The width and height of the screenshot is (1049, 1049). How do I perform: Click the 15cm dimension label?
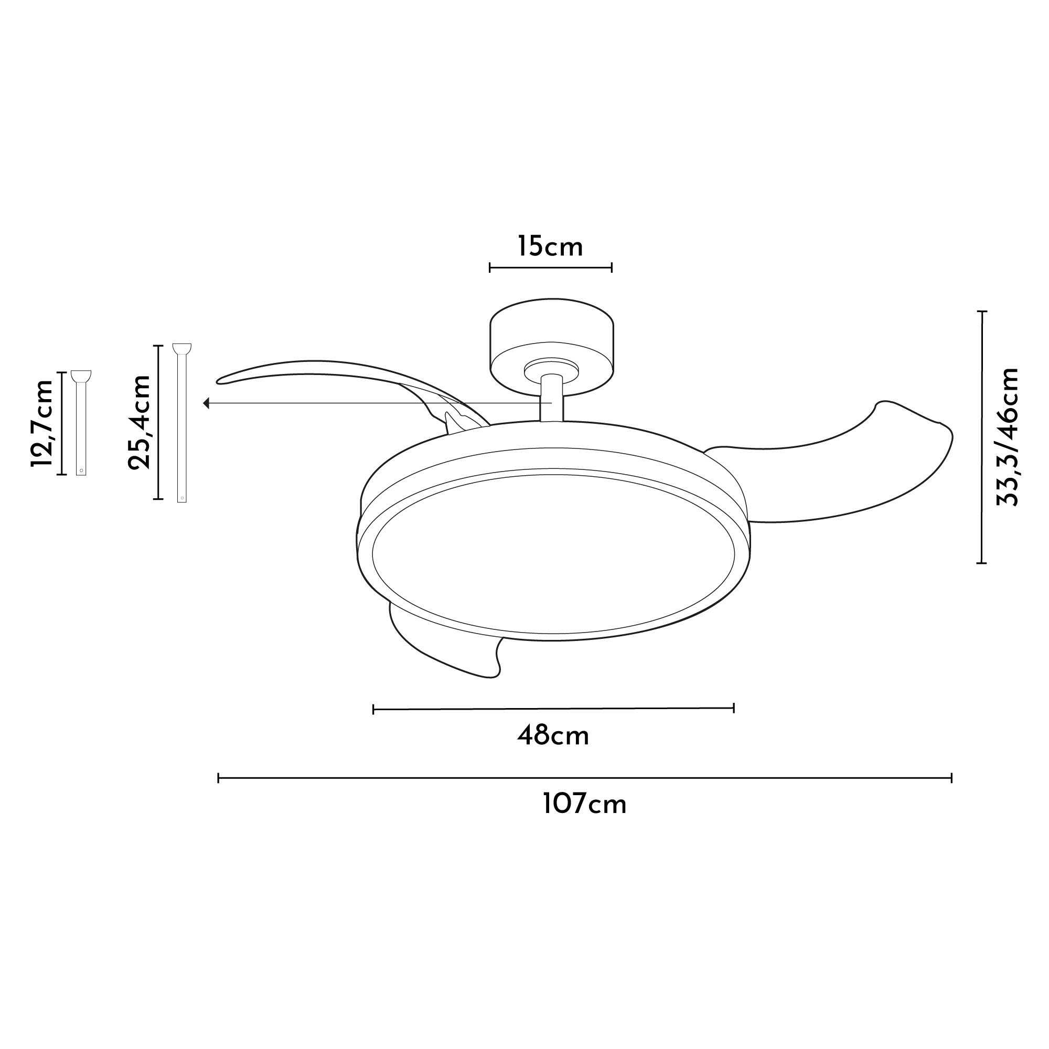[x=550, y=247]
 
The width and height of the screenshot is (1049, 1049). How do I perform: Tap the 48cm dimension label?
[x=553, y=737]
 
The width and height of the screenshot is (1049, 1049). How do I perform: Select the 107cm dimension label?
[x=585, y=804]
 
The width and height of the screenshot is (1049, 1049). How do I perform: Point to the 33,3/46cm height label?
[x=1007, y=437]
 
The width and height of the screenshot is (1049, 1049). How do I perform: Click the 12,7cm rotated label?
[x=42, y=423]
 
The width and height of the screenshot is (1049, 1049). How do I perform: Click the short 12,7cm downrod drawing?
[x=81, y=423]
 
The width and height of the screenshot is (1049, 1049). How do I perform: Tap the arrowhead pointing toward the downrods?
[x=206, y=403]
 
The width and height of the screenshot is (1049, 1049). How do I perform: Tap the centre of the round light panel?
[x=554, y=554]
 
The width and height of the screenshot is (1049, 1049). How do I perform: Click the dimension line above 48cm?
[x=554, y=709]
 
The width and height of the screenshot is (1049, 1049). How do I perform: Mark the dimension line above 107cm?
[x=585, y=778]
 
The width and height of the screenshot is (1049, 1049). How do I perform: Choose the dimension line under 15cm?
[x=551, y=267]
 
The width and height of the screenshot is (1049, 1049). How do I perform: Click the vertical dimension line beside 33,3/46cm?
[x=982, y=437]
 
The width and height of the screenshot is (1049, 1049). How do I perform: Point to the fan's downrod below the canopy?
[x=552, y=399]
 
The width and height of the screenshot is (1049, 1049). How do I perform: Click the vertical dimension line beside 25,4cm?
[x=158, y=422]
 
